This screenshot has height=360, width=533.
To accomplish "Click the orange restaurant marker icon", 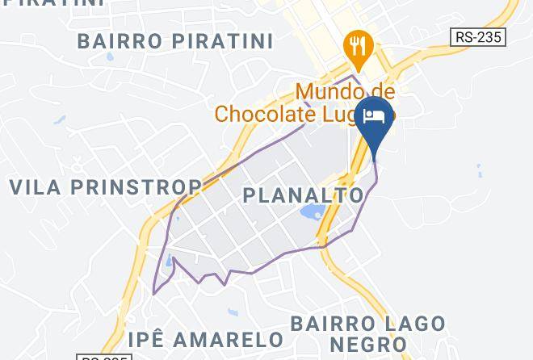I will point(355,48).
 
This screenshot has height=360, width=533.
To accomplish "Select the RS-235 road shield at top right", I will point(477,37).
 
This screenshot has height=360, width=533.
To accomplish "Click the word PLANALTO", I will point(304,195).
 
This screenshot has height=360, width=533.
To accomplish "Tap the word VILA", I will point(36,187).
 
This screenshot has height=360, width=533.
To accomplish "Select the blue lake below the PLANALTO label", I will point(312,214).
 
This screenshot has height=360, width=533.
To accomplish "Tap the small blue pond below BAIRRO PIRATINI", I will point(59,121).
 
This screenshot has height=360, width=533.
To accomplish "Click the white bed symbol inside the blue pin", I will point(375,115).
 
